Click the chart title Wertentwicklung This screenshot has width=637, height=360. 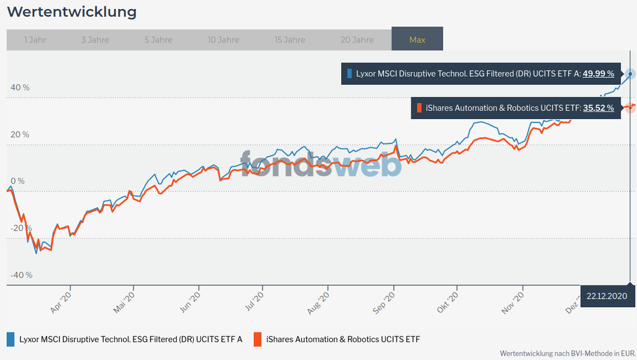point(71,11)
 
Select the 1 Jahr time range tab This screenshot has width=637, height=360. point(34,40)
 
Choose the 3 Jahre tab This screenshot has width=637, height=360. point(95,40)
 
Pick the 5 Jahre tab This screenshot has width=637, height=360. point(158,40)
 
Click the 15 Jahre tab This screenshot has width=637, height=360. point(289,40)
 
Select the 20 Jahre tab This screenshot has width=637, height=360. point(357,40)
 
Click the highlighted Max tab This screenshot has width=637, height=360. point(417,40)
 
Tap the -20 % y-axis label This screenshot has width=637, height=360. point(21,228)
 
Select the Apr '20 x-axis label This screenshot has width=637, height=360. point(61,300)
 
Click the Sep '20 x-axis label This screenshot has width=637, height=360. point(387,300)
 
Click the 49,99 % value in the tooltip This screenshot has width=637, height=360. point(599,73)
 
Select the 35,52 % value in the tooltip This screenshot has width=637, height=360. point(599,108)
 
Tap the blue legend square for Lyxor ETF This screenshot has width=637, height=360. point(11,339)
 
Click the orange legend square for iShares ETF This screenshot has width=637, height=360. point(258,339)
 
